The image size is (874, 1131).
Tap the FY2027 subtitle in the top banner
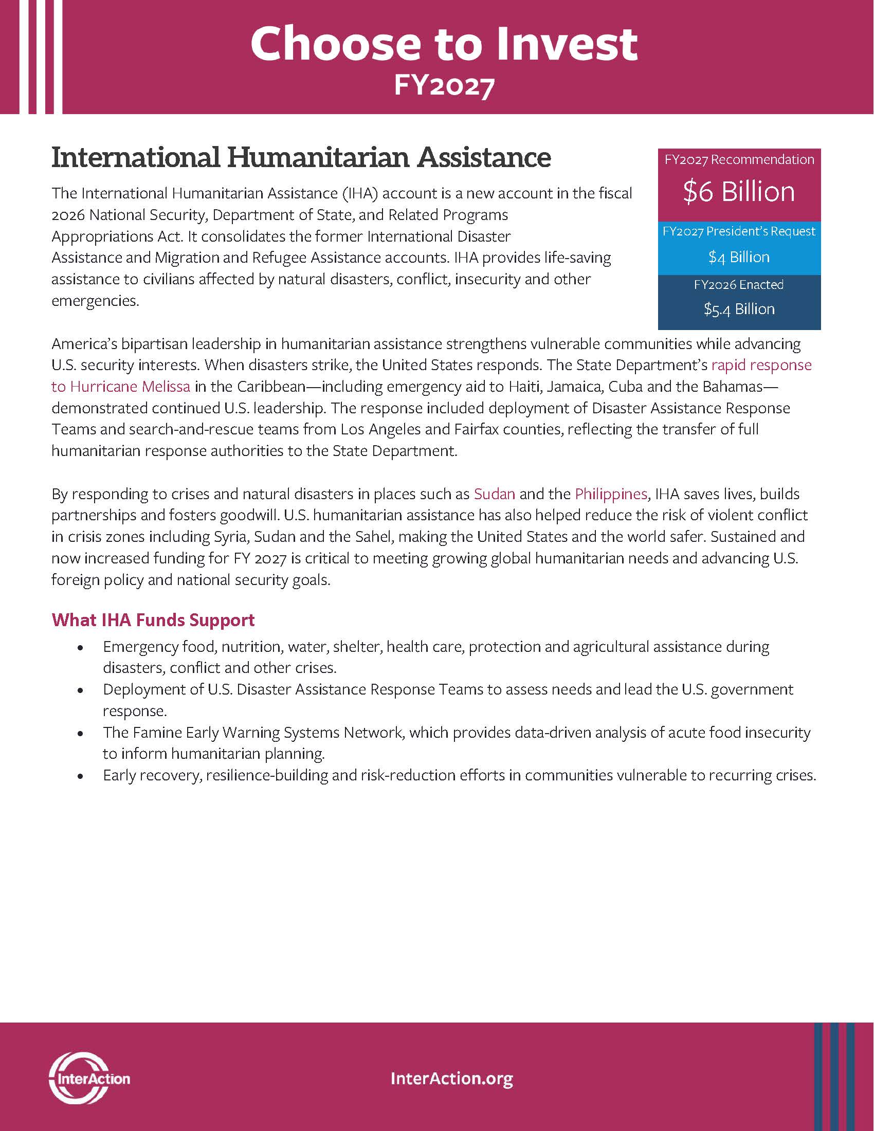tap(444, 85)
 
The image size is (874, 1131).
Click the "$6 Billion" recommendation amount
tap(739, 192)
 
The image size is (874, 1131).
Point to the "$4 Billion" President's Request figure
tap(739, 257)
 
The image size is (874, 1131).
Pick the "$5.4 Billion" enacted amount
tap(739, 309)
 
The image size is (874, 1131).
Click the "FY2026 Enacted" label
tap(739, 284)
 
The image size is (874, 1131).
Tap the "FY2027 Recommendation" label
tap(739, 159)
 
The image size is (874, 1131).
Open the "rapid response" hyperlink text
tap(761, 365)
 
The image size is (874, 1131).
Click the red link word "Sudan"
tap(495, 494)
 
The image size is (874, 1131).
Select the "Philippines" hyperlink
tap(611, 494)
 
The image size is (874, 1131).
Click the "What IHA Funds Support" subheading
tap(153, 620)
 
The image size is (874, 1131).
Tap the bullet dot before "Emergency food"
tap(80, 648)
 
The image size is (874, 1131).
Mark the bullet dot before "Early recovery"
tap(80, 776)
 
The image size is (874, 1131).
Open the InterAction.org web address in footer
tap(451, 1079)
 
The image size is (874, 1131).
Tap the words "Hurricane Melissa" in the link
tap(130, 386)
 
